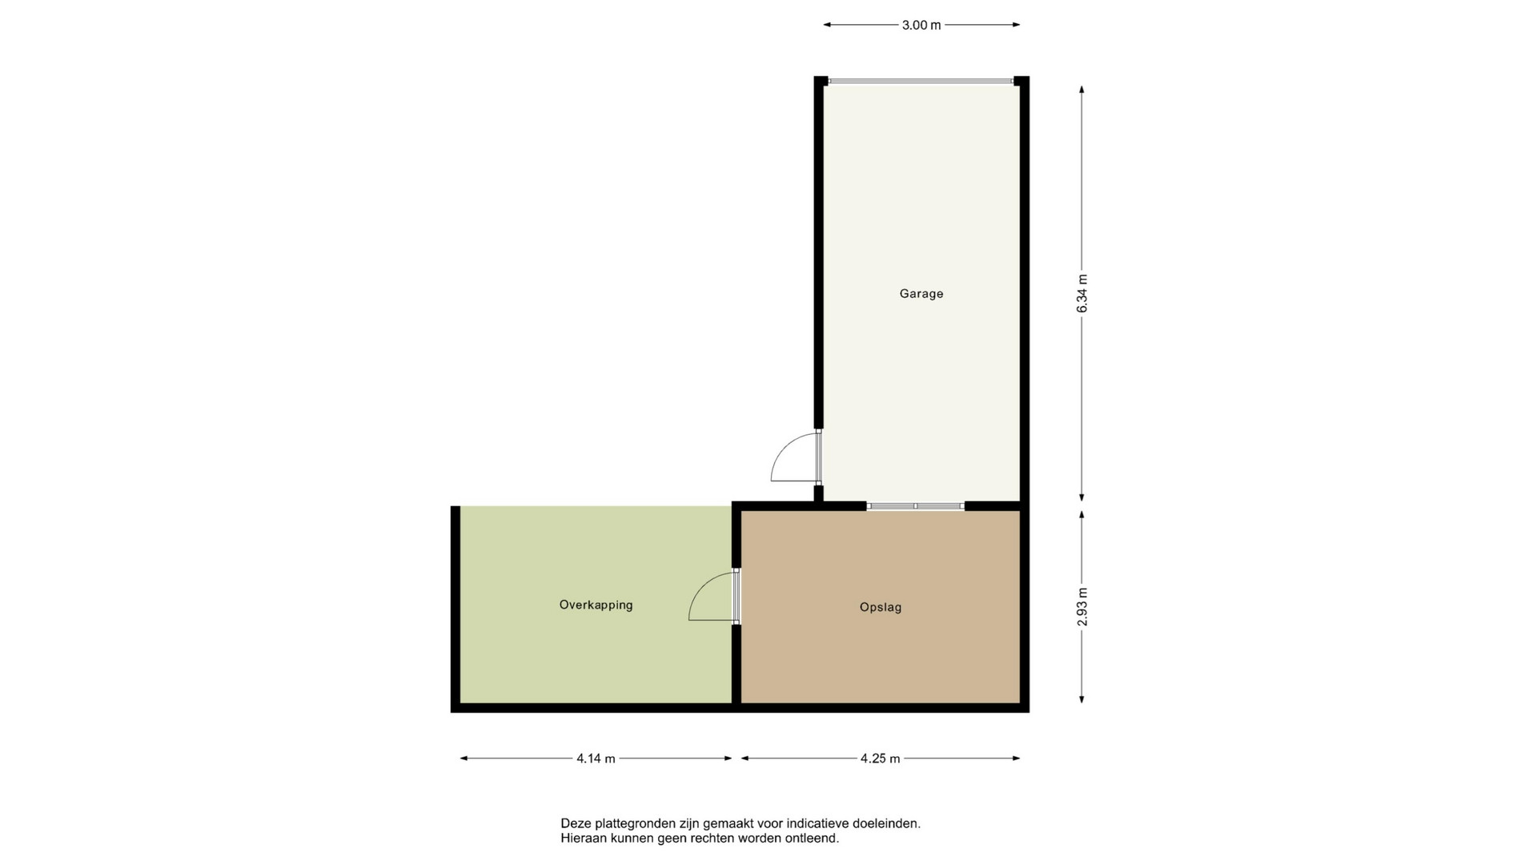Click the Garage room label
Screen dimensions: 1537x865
coord(921,294)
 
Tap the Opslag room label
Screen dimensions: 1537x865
coord(881,607)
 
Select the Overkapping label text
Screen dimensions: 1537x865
coord(596,605)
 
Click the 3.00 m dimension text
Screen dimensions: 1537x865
coord(921,25)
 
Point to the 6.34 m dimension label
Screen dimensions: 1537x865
coord(1082,293)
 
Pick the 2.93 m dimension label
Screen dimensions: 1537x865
coord(1082,607)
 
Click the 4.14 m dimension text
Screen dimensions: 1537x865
coord(596,758)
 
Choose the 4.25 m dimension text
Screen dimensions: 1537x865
coord(881,758)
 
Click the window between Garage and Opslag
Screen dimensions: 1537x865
coord(916,506)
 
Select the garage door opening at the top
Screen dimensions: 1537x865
coord(921,81)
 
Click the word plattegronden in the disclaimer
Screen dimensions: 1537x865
coord(636,823)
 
